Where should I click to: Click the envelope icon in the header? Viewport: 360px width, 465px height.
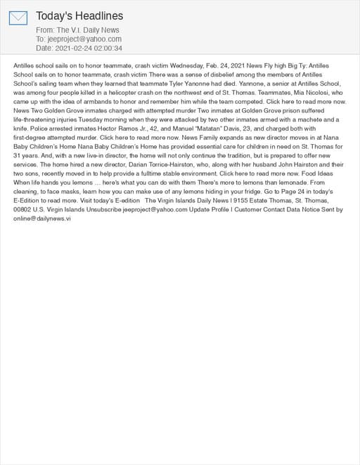pyautogui.click(x=18, y=18)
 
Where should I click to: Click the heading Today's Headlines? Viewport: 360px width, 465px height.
pyautogui.click(x=79, y=15)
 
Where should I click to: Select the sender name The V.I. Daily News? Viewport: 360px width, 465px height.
pyautogui.click(x=88, y=30)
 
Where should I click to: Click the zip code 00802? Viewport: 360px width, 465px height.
pyautogui.click(x=23, y=209)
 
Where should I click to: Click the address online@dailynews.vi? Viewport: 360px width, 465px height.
pyautogui.click(x=42, y=218)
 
